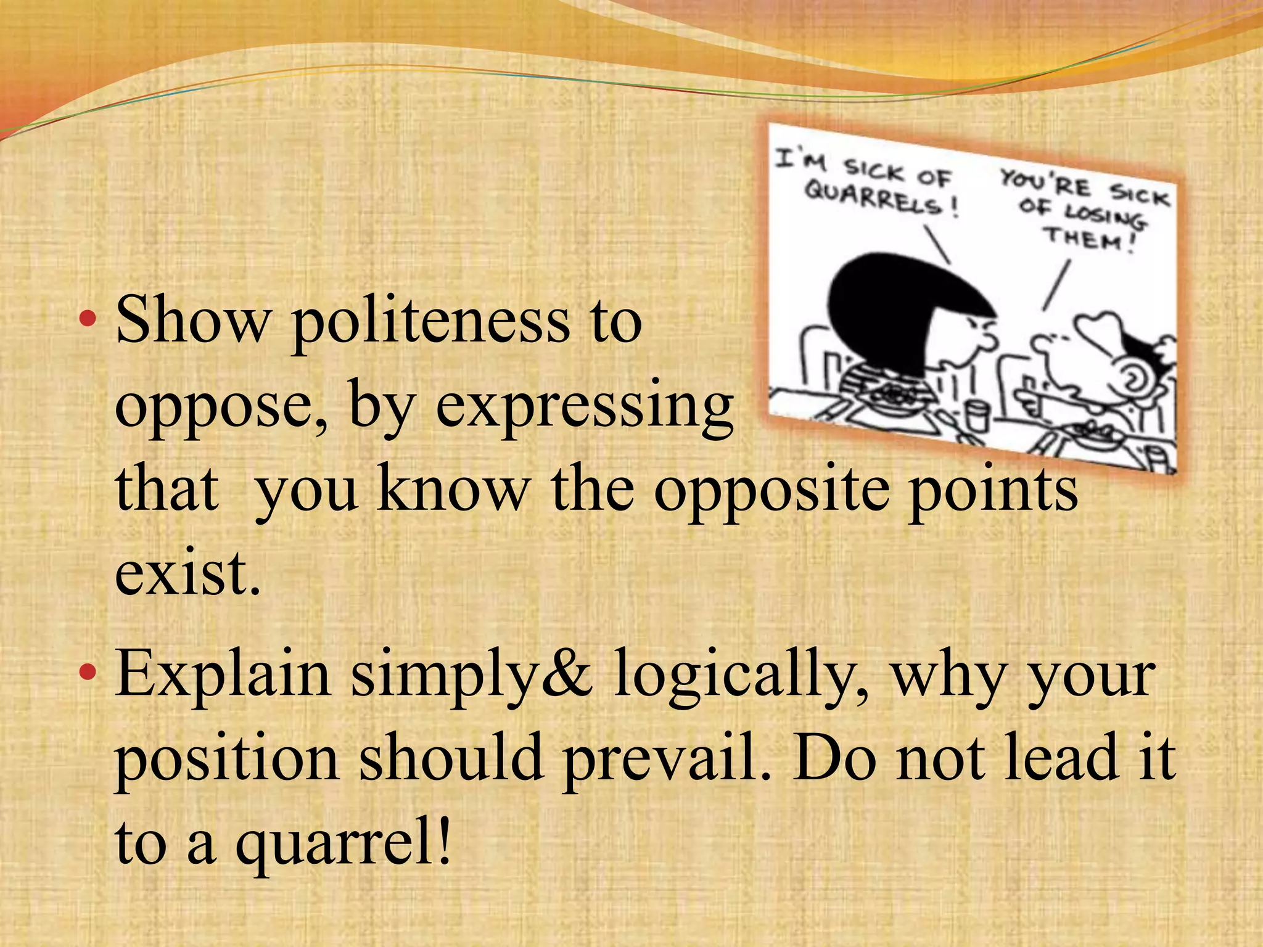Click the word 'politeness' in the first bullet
[x=430, y=322]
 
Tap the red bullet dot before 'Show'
[x=88, y=319]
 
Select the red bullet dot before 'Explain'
[x=88, y=672]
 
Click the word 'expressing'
[x=585, y=407]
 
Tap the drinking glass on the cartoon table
[x=976, y=417]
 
